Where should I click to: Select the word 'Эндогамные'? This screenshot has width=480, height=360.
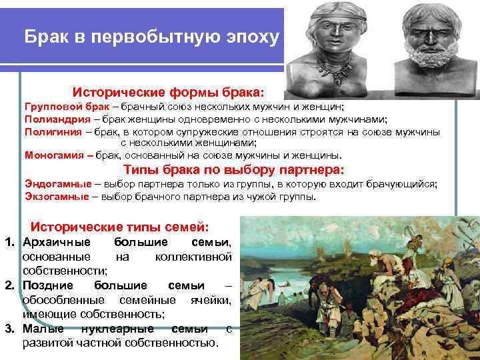click(x=53, y=183)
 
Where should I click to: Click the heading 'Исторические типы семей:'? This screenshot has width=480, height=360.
click(x=121, y=227)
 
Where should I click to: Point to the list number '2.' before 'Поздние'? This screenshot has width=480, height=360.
click(x=10, y=285)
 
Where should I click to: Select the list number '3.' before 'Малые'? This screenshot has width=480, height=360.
click(x=10, y=329)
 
